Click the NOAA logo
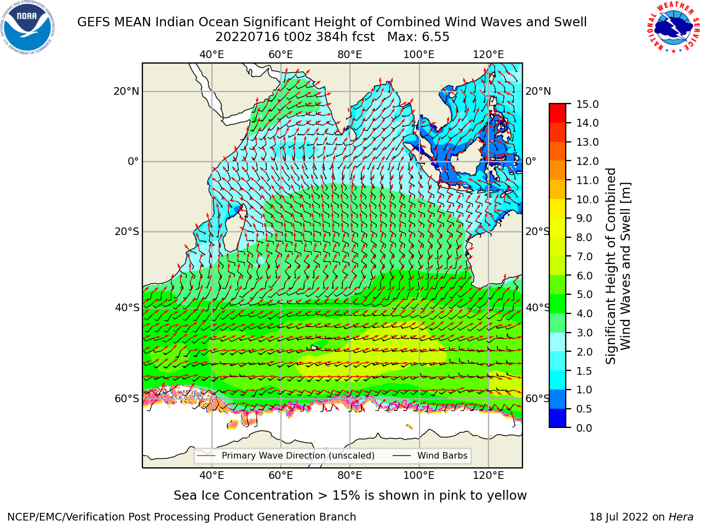pyautogui.click(x=28, y=27)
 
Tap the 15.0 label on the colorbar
pyautogui.click(x=587, y=104)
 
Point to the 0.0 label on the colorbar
pyautogui.click(x=584, y=428)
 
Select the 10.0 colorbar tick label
pyautogui.click(x=587, y=199)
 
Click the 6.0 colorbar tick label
pyautogui.click(x=584, y=276)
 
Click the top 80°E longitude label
pyautogui.click(x=350, y=55)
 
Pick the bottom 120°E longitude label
pyautogui.click(x=489, y=476)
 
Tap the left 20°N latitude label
pyautogui.click(x=127, y=92)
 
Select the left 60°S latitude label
pyautogui.click(x=127, y=398)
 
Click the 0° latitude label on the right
pyautogui.click(x=531, y=161)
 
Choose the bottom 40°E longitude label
pyautogui.click(x=211, y=476)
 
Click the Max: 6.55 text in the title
pyautogui.click(x=418, y=37)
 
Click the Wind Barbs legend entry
pyautogui.click(x=430, y=455)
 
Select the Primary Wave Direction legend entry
pyautogui.click(x=286, y=455)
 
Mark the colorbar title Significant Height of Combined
pyautogui.click(x=610, y=266)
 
